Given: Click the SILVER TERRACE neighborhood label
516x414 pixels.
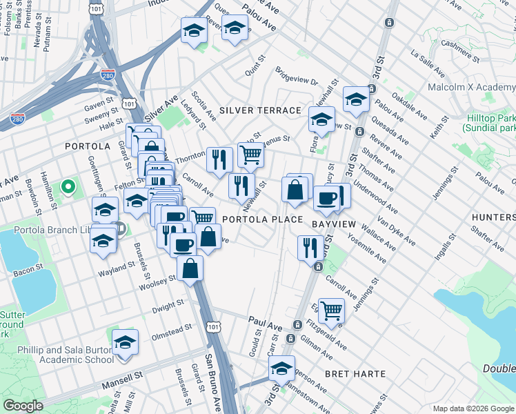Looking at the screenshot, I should click(260, 110).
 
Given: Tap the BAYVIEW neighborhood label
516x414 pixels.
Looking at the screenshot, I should click(333, 224).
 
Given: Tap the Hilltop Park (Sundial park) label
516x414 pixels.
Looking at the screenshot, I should click(489, 124).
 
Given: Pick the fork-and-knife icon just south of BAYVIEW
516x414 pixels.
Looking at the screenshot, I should click(310, 246).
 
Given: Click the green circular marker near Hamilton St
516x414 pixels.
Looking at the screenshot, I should click(68, 186).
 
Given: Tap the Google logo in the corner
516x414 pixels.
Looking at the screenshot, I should click(23, 406).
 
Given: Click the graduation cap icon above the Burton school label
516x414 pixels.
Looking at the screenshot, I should click(125, 342).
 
